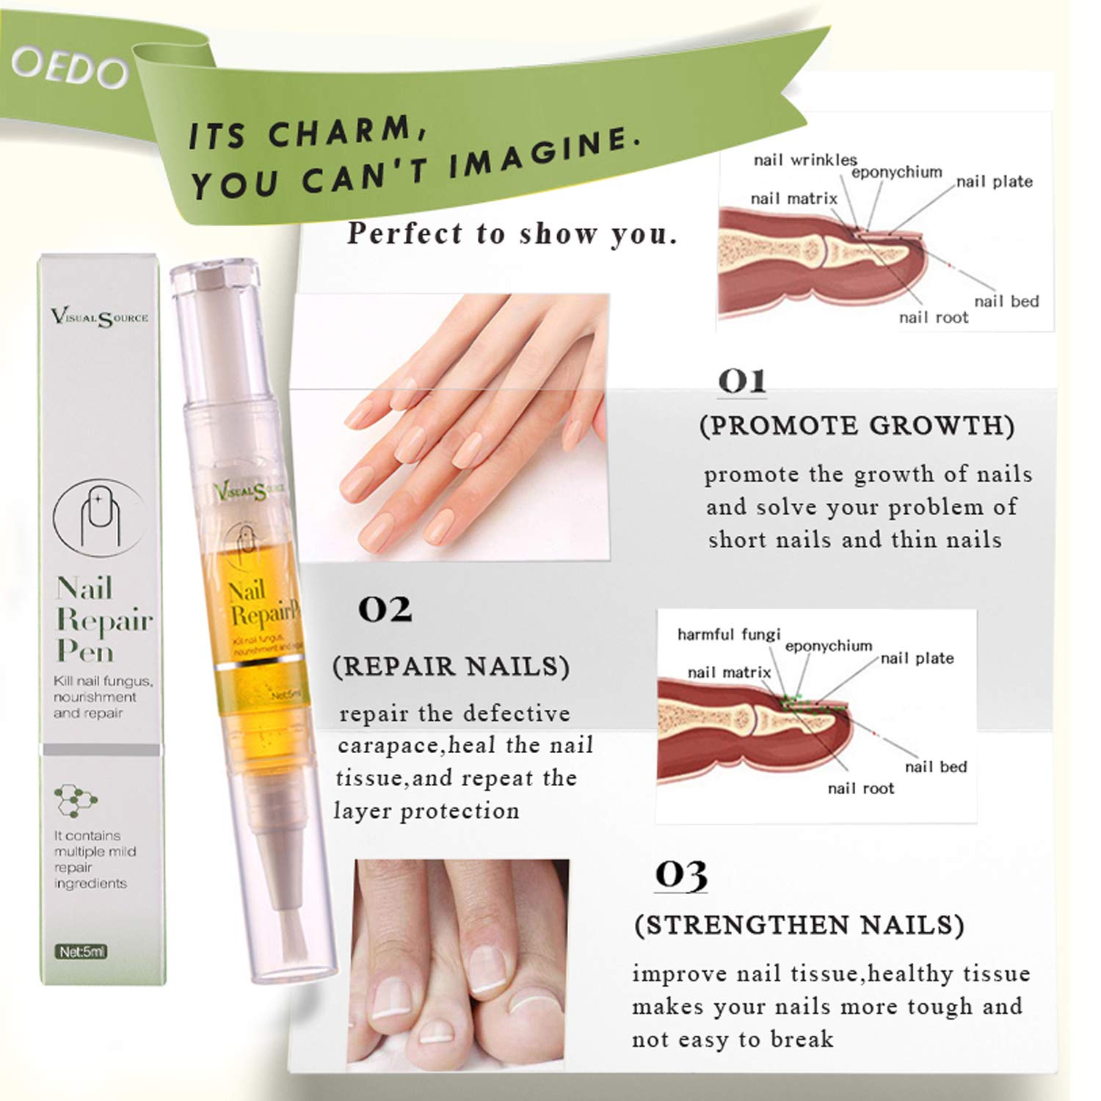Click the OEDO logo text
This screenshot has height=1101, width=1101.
coord(70,70)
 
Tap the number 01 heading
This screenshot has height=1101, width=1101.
coord(742,381)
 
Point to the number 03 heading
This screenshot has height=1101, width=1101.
coord(681,875)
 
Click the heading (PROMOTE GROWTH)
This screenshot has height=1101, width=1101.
coord(857,426)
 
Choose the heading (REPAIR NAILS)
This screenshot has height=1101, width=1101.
coord(451,667)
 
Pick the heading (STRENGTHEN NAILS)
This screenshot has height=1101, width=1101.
coord(799,926)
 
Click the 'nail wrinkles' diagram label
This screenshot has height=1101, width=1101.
coord(804,160)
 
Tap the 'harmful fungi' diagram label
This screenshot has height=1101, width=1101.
coord(728,634)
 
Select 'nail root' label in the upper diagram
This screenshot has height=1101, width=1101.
coord(933,318)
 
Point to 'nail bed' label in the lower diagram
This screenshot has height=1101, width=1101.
coord(936,767)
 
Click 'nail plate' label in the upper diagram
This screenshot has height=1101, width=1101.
coord(995,182)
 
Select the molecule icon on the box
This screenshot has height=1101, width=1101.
coord(76,800)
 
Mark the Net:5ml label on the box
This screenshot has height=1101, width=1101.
coord(83,952)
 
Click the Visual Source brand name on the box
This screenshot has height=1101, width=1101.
coord(100,317)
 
